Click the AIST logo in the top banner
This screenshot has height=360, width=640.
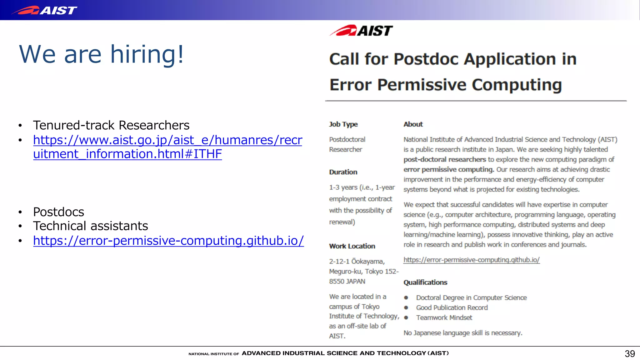[44, 10]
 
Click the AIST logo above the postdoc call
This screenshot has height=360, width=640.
[361, 31]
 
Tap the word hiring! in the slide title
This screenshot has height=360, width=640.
[147, 54]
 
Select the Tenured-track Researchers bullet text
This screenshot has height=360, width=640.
[111, 125]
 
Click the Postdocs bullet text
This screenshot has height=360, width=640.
[58, 212]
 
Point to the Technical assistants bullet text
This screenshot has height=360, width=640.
[90, 226]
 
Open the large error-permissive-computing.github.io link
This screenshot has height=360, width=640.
[168, 241]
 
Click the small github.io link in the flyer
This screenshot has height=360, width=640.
[471, 260]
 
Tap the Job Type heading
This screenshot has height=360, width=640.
[343, 124]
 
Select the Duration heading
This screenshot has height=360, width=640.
[343, 172]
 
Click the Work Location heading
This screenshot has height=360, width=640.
[352, 246]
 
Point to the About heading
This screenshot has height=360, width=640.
[413, 124]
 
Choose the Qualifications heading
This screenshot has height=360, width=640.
[425, 282]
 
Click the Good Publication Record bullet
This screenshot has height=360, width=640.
[452, 308]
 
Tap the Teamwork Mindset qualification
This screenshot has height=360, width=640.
[444, 318]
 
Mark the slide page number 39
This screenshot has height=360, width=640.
[629, 354]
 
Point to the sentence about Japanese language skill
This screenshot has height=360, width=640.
[462, 333]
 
